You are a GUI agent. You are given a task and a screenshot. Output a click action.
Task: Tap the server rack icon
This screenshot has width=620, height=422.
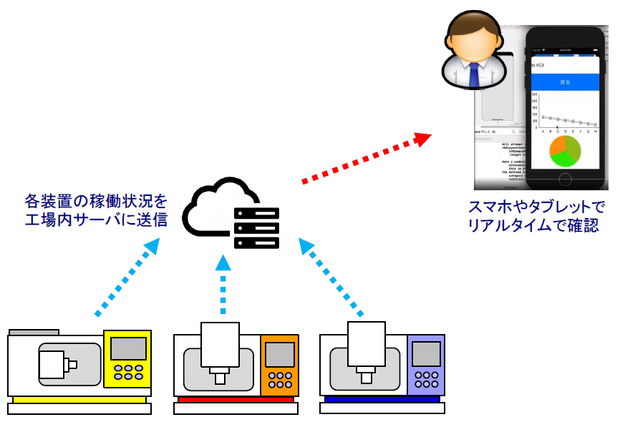tap(256, 227)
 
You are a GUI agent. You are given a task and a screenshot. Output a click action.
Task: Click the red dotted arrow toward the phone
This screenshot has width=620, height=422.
tap(365, 158)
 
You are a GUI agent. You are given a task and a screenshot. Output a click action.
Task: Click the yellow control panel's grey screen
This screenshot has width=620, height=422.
tap(128, 348)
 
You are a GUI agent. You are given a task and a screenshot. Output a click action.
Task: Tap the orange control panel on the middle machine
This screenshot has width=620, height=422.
tap(279, 365)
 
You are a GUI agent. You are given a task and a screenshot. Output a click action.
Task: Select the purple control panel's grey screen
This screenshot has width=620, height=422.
tap(427, 353)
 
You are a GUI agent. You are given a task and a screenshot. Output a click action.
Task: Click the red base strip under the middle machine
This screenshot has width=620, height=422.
tap(236, 399)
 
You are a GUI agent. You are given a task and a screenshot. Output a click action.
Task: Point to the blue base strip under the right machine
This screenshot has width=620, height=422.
tap(382, 399)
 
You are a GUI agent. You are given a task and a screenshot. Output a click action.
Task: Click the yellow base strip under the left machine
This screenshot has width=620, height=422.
tap(79, 398)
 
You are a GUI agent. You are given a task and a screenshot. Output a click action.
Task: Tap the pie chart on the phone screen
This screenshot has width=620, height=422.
tap(566, 152)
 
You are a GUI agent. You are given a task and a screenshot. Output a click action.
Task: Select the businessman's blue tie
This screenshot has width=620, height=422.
tap(473, 74)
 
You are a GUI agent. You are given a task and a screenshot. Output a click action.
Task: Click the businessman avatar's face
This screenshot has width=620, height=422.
tap(471, 47)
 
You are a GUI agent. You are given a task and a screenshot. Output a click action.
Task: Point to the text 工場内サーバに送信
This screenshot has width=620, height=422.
tap(96, 220)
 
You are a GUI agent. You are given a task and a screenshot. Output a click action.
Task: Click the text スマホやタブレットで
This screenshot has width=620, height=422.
tap(536, 207)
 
